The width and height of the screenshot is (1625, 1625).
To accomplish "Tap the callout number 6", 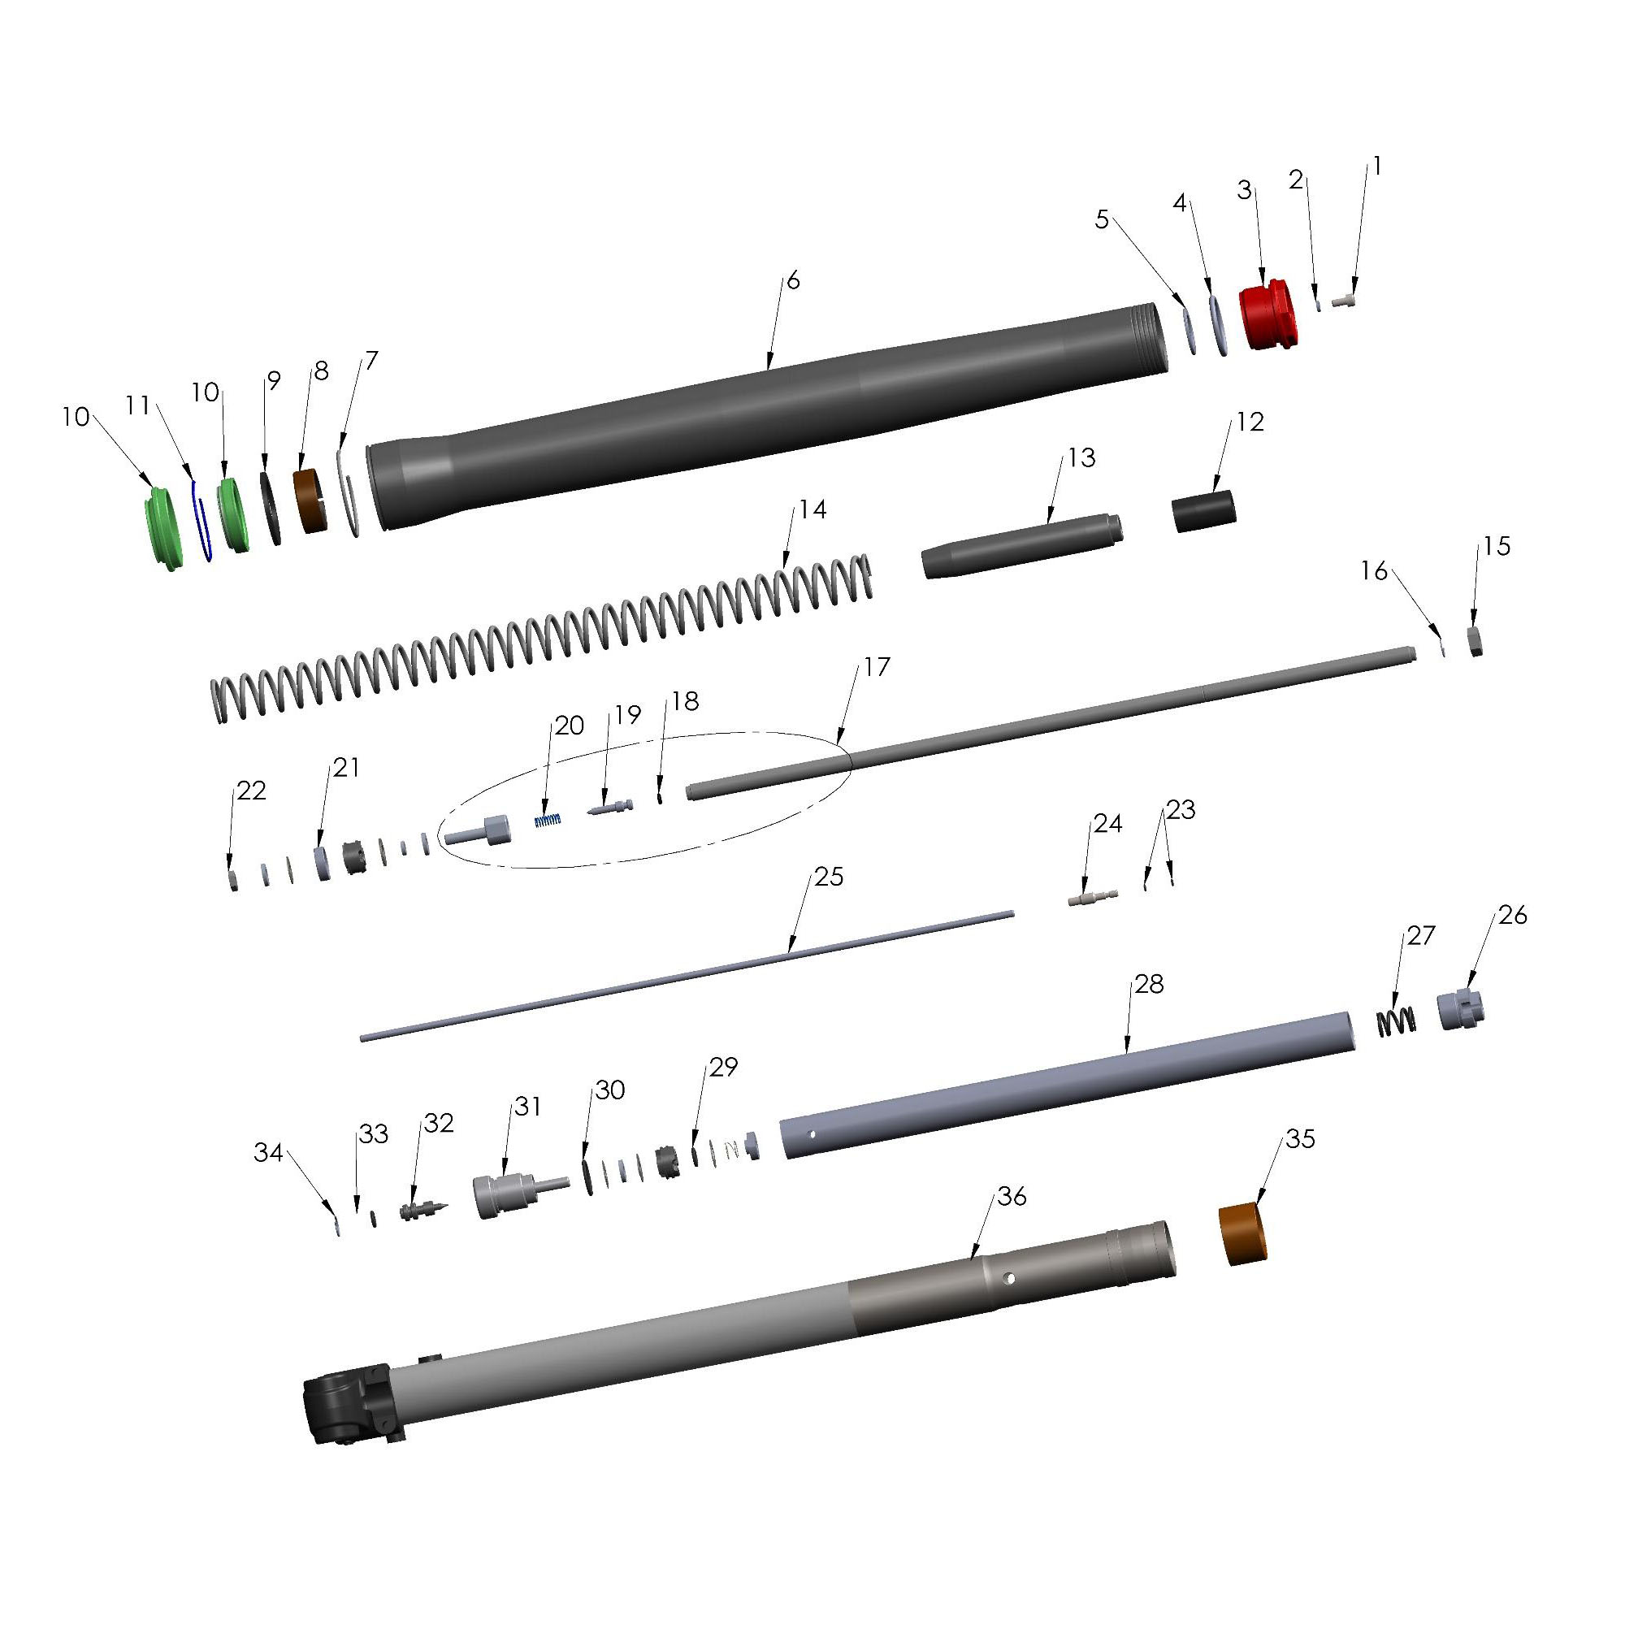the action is (x=792, y=281).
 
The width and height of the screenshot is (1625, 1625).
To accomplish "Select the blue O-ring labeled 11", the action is (x=201, y=520).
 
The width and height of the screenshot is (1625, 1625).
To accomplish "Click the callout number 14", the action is (x=812, y=509).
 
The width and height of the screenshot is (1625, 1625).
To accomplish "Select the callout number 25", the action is (x=829, y=877).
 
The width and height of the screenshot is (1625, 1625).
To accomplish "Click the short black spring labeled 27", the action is (x=1396, y=1022).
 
